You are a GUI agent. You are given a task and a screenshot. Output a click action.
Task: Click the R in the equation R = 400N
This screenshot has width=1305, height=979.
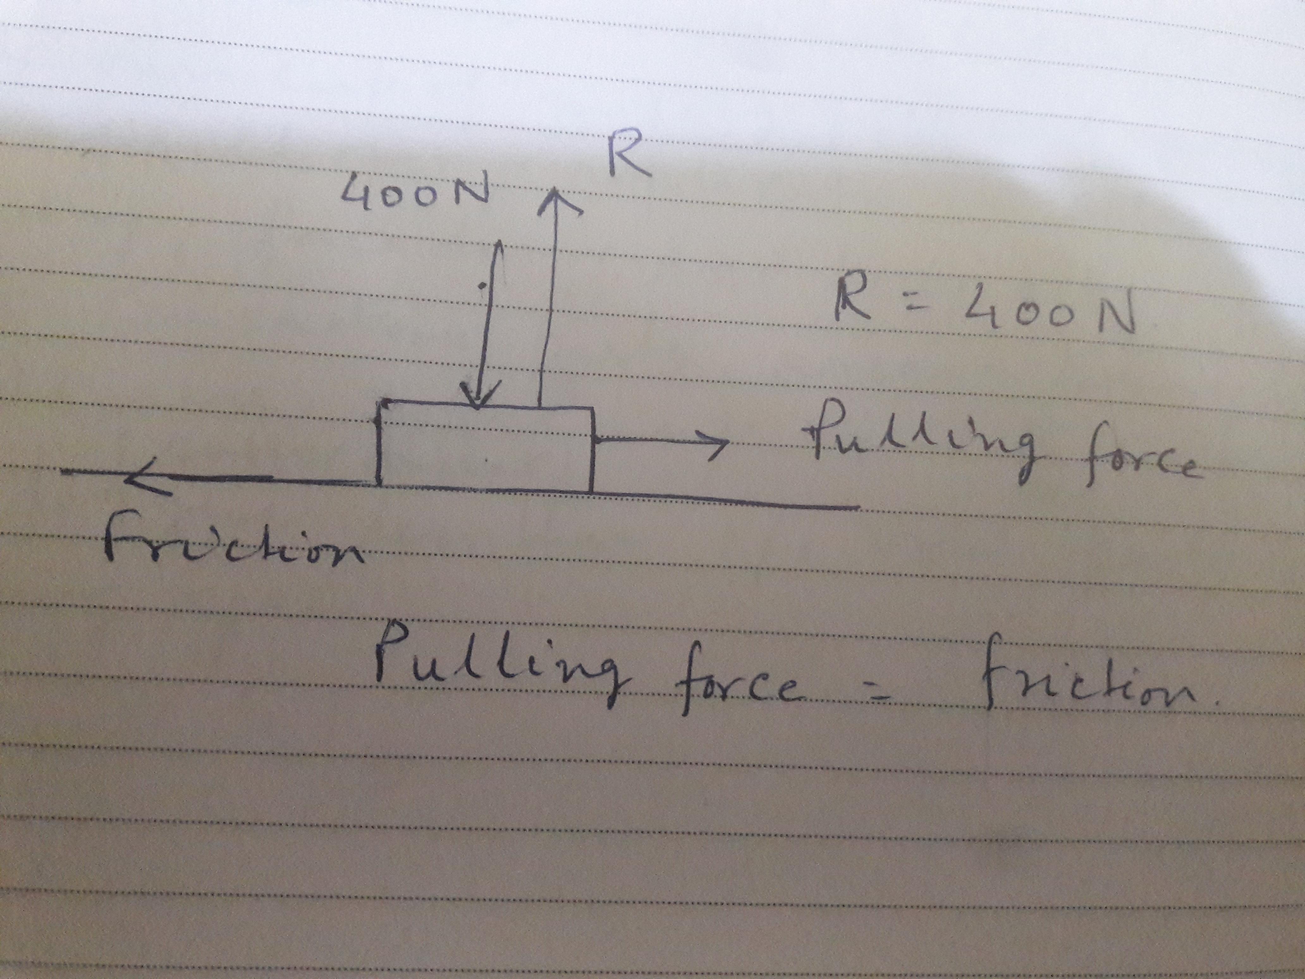853,301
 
